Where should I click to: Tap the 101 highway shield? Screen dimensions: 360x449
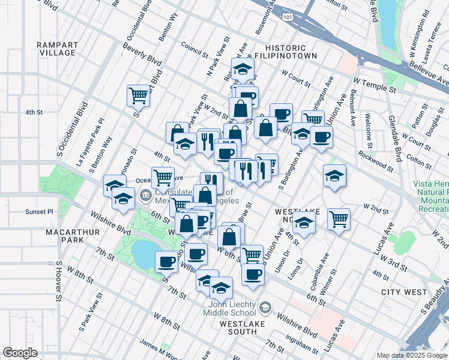point(288,17)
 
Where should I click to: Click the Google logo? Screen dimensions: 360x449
point(19,353)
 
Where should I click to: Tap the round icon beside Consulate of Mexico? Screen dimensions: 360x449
point(145,196)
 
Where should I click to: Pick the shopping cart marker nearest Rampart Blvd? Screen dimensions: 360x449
point(138,95)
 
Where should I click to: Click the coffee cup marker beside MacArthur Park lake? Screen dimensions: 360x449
point(166,261)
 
